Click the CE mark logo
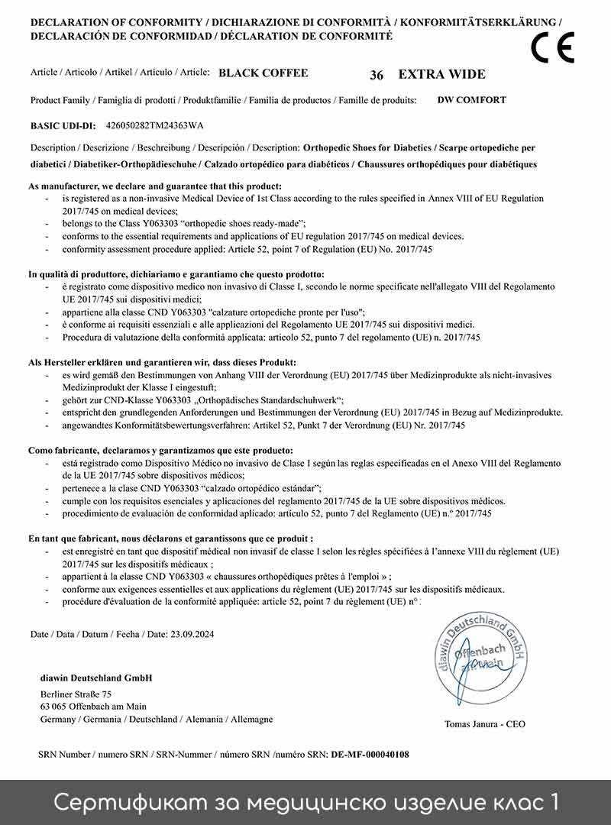(552, 48)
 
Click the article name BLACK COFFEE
(263, 73)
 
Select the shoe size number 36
(377, 75)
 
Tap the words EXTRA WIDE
(441, 74)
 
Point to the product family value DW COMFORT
(472, 99)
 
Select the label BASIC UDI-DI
(63, 125)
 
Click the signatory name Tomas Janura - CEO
(485, 724)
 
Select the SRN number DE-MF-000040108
(370, 754)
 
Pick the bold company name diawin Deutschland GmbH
(95, 678)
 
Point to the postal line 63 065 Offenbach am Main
(93, 707)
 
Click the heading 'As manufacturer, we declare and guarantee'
(155, 186)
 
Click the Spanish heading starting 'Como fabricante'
(160, 451)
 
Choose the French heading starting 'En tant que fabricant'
(171, 539)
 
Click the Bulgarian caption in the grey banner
(305, 802)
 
